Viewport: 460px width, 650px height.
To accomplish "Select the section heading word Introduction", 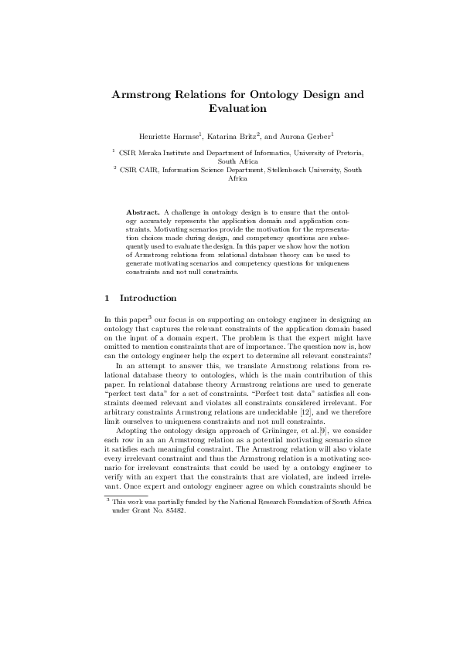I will pyautogui.click(x=148, y=298).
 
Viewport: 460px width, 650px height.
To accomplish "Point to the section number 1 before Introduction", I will pyautogui.click(x=106, y=298).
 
